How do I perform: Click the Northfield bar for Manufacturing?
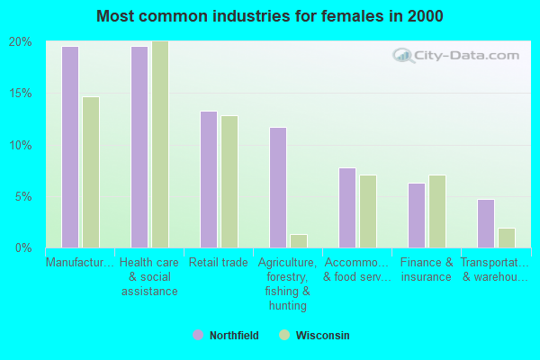tap(69, 147)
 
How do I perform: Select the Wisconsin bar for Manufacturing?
tap(90, 172)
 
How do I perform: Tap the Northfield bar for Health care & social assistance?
tap(139, 147)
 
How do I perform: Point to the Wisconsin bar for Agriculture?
tap(298, 240)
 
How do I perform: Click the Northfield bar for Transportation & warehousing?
tap(485, 223)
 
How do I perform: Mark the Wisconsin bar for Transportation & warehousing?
tap(506, 238)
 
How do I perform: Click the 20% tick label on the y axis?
tap(21, 42)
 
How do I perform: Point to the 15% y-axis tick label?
tap(21, 94)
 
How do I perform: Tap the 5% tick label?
tap(23, 196)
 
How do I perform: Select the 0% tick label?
tap(23, 247)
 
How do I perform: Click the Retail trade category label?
tap(218, 263)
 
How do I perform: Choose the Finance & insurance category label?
tap(426, 270)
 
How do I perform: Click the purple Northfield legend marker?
tap(197, 336)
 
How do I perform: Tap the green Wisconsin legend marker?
tap(284, 336)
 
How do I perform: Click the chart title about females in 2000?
tap(270, 16)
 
